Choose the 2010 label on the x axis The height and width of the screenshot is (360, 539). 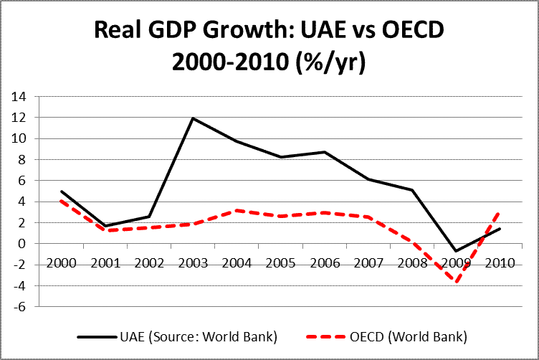tap(500, 262)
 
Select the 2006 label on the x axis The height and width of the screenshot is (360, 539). tap(324, 262)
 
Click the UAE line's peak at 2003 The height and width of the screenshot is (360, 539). tap(192, 118)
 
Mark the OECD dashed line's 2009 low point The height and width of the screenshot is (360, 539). tap(456, 281)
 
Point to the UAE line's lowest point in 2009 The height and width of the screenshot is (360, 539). tap(456, 252)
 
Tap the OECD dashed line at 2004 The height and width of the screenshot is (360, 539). tap(237, 211)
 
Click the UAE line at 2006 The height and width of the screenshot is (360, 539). tap(324, 152)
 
